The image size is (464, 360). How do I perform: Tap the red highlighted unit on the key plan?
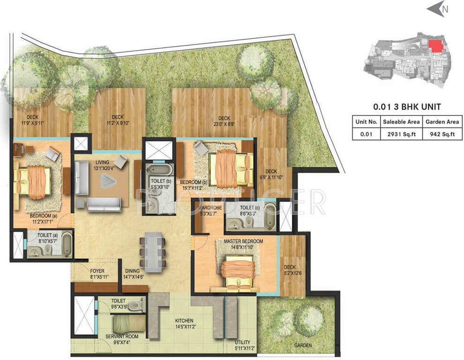[435, 45]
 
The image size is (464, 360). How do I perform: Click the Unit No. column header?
[366, 122]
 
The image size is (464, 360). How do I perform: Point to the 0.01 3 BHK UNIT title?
[406, 106]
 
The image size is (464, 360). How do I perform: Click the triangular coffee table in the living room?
[110, 180]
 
